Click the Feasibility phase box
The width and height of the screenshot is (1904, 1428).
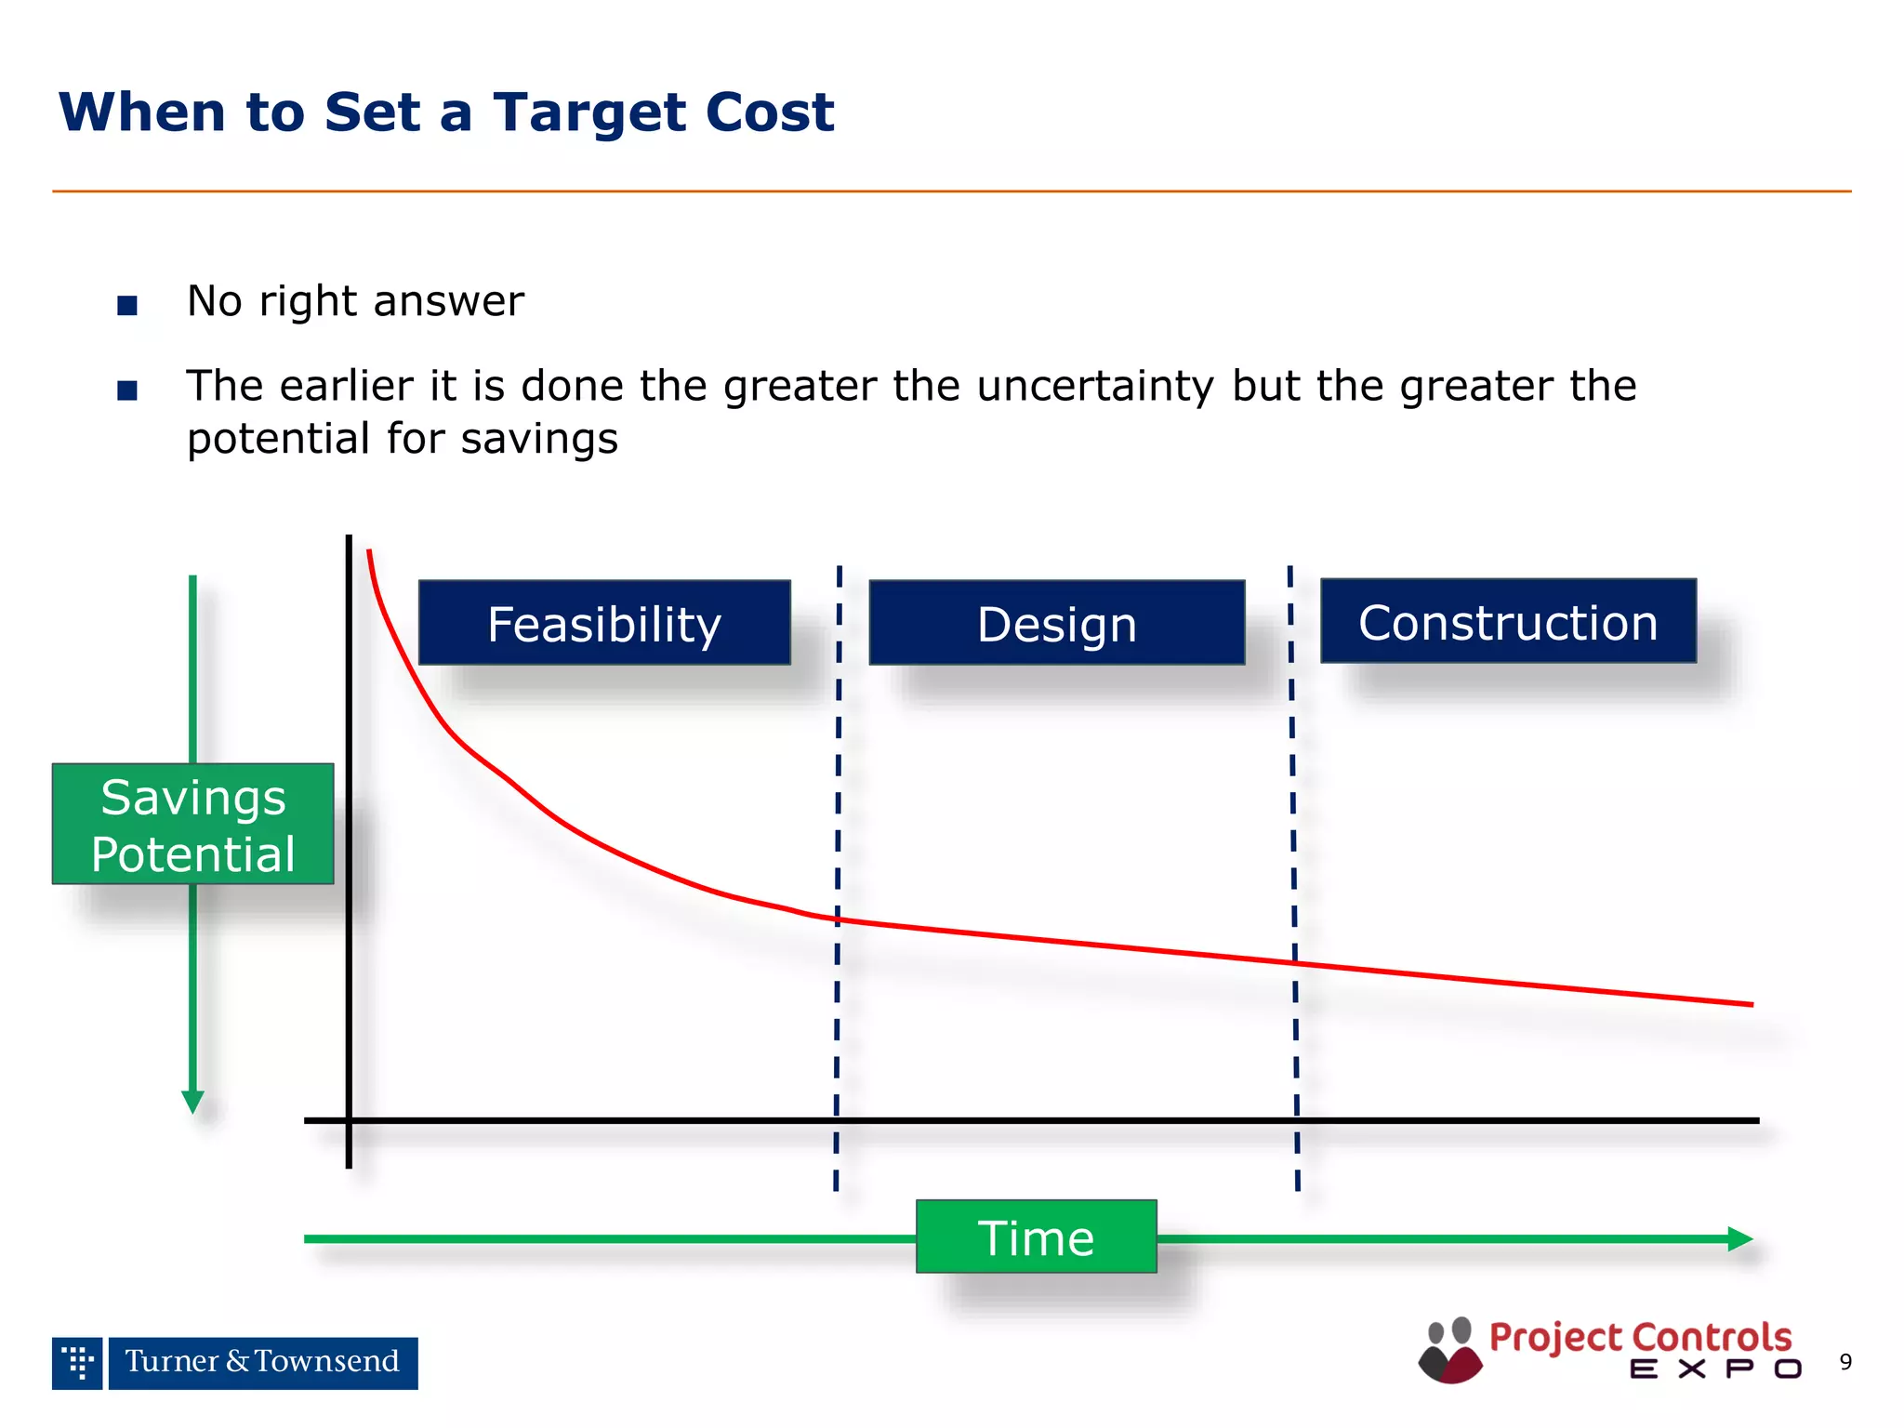tap(604, 623)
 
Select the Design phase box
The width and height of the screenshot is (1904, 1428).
tap(1056, 623)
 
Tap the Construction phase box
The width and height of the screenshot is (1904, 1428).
tap(1508, 621)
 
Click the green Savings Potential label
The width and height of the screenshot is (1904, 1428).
tap(192, 824)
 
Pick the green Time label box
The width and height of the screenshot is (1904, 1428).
tap(1036, 1236)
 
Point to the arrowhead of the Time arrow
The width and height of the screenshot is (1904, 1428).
tap(1740, 1238)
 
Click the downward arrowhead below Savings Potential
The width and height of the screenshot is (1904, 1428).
tap(192, 1103)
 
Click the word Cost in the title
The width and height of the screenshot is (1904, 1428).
tap(769, 112)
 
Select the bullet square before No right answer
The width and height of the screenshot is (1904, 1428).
tap(127, 305)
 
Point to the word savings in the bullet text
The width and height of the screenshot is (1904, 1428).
tap(539, 438)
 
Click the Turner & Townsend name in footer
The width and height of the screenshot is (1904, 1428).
tap(262, 1362)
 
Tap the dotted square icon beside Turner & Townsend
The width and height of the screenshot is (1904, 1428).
tap(77, 1363)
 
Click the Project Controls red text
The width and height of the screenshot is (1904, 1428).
tap(1640, 1337)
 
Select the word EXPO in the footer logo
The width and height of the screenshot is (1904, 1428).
tap(1715, 1368)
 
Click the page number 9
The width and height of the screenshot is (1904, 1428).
tap(1844, 1362)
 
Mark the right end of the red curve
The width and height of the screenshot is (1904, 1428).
tap(1751, 1004)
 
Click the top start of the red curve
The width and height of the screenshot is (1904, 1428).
tap(369, 553)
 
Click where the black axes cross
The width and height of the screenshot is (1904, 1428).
tap(349, 1120)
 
